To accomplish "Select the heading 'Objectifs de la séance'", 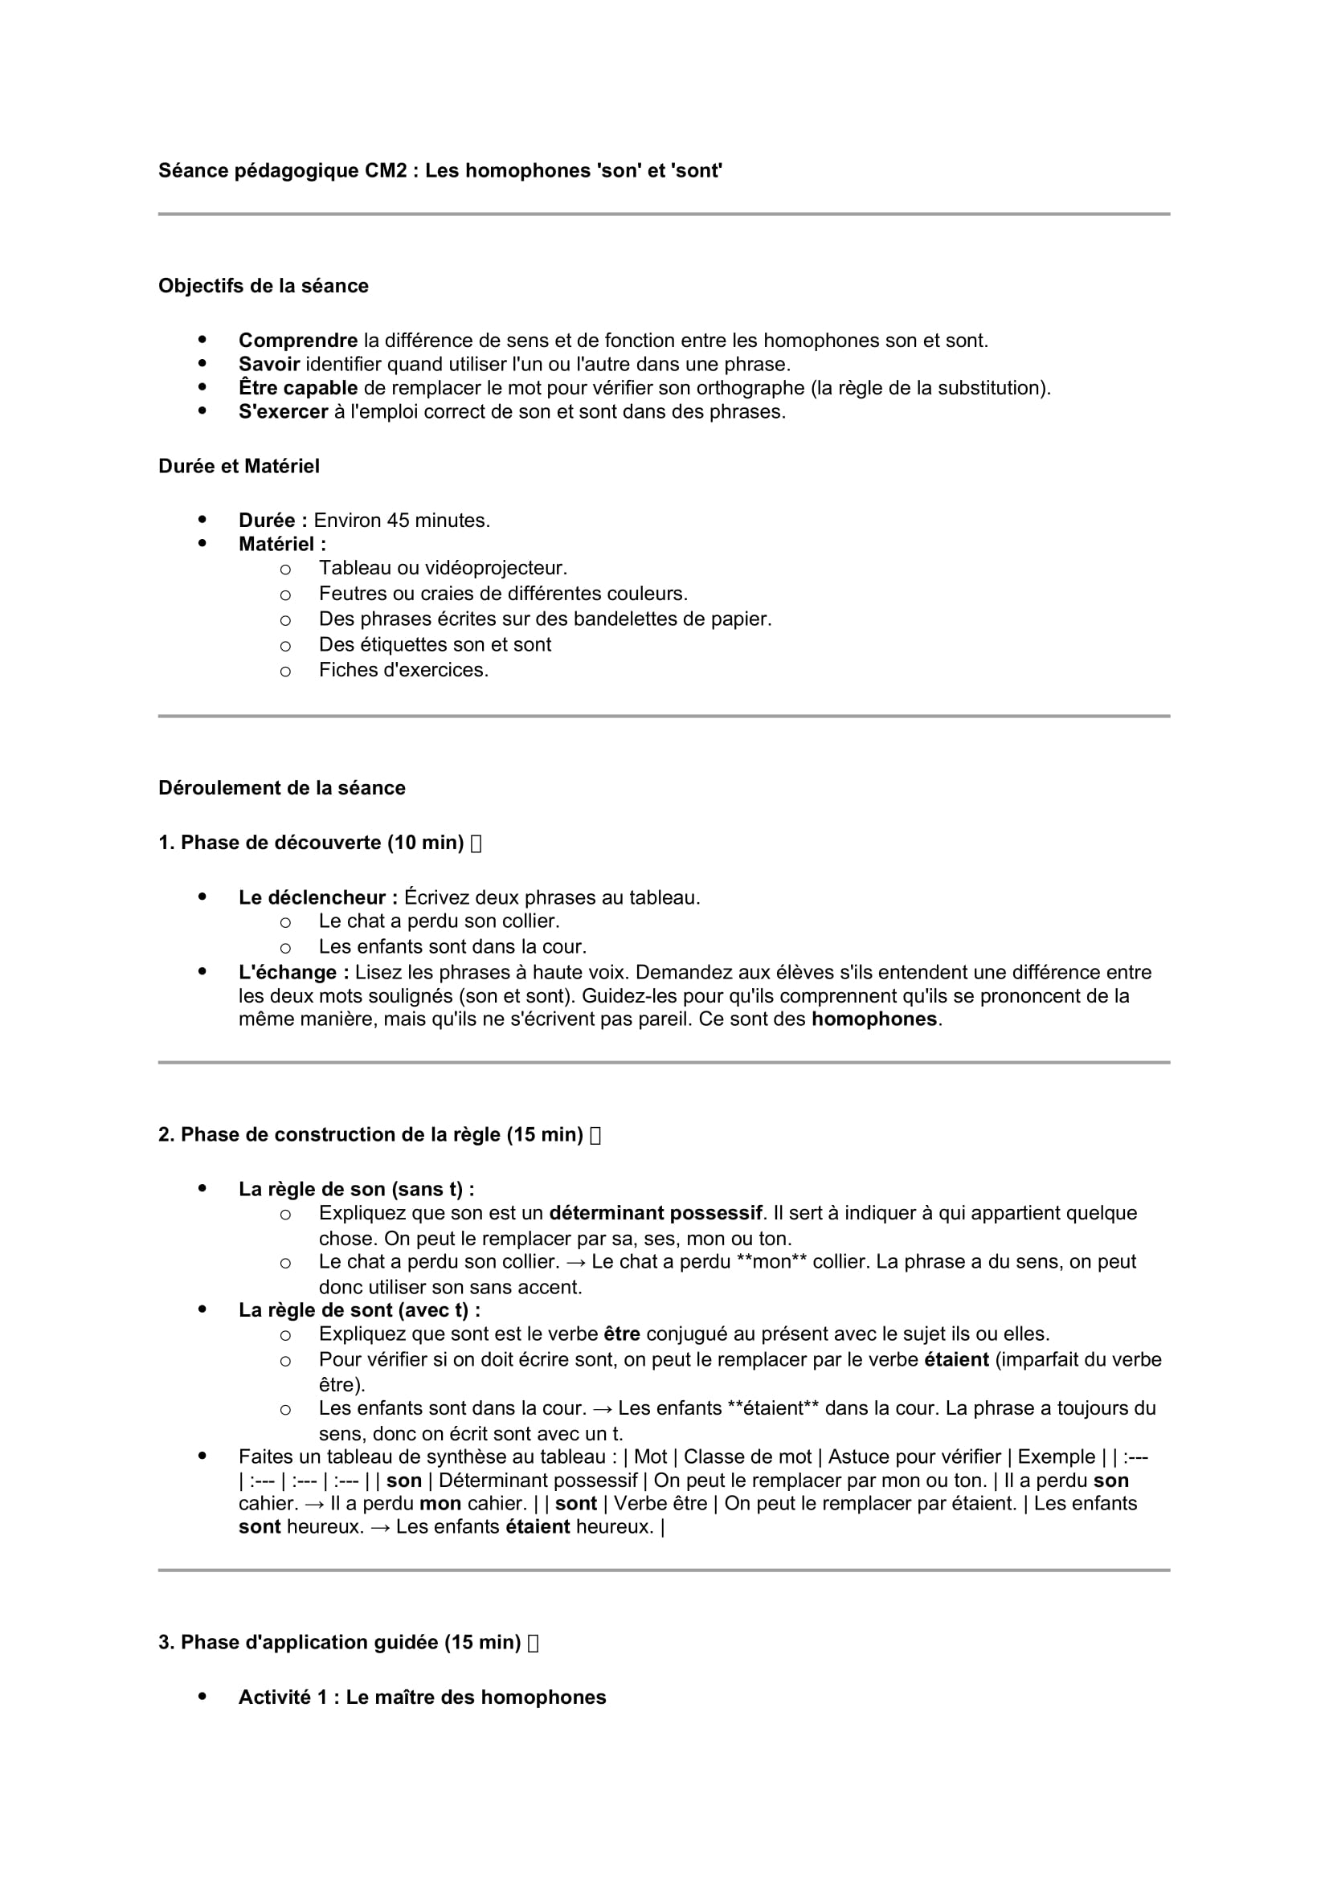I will click(263, 286).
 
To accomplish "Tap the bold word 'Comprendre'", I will click(298, 341).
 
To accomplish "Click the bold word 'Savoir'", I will click(268, 364).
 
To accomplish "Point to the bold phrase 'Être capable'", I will click(298, 388).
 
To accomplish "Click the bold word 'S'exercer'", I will click(283, 411).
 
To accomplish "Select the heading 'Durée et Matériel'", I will click(238, 467).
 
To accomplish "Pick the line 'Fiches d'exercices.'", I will click(403, 670).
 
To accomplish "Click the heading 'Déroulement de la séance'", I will click(281, 788).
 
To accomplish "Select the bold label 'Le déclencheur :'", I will click(317, 898).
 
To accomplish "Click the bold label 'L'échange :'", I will click(294, 972).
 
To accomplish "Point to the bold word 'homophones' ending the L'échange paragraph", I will click(873, 1019).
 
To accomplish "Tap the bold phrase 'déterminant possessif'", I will click(656, 1213).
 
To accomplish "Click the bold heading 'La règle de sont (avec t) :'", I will click(359, 1310).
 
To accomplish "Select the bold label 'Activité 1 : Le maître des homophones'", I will click(422, 1697).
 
